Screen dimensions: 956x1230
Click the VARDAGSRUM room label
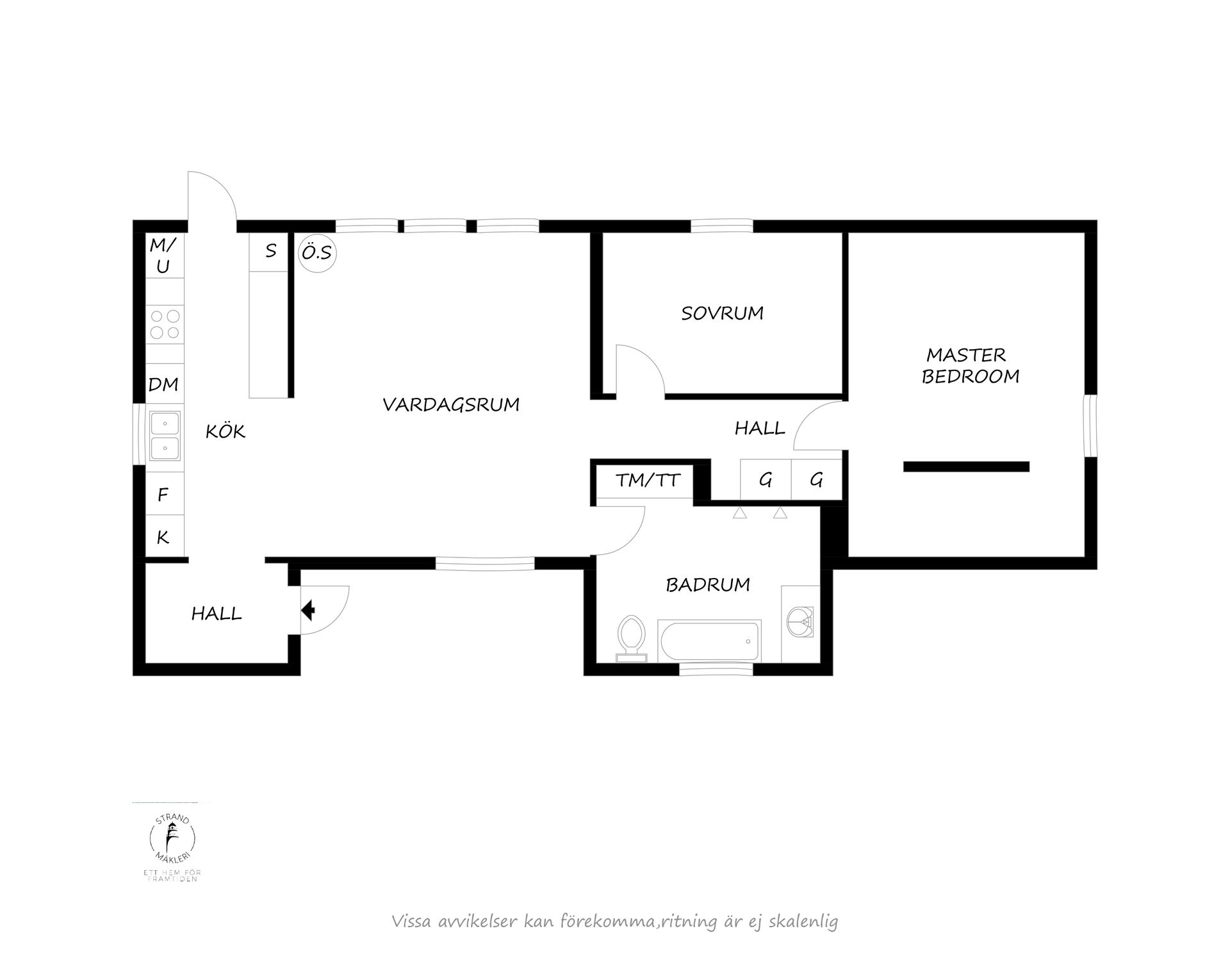(x=451, y=405)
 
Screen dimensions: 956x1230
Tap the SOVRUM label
(x=722, y=313)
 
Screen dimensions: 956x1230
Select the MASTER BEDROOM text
(x=969, y=365)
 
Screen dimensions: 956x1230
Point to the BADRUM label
(x=708, y=584)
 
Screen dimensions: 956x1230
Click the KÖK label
(x=225, y=431)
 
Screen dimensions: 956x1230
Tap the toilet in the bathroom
(x=632, y=638)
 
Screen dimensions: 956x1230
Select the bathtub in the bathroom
(x=709, y=641)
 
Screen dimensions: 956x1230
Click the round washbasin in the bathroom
(x=799, y=621)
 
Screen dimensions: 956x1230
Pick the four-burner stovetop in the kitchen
(x=165, y=324)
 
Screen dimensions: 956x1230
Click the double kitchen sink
(x=165, y=436)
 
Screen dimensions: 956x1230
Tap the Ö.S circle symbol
(x=318, y=253)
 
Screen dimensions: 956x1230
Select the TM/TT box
(x=647, y=480)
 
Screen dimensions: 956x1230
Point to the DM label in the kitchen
(x=163, y=384)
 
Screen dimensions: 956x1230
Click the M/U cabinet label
(x=163, y=255)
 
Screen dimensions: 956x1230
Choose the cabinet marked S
(x=270, y=251)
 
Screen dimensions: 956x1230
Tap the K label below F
(x=163, y=537)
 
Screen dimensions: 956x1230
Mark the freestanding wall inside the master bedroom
(x=966, y=466)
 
